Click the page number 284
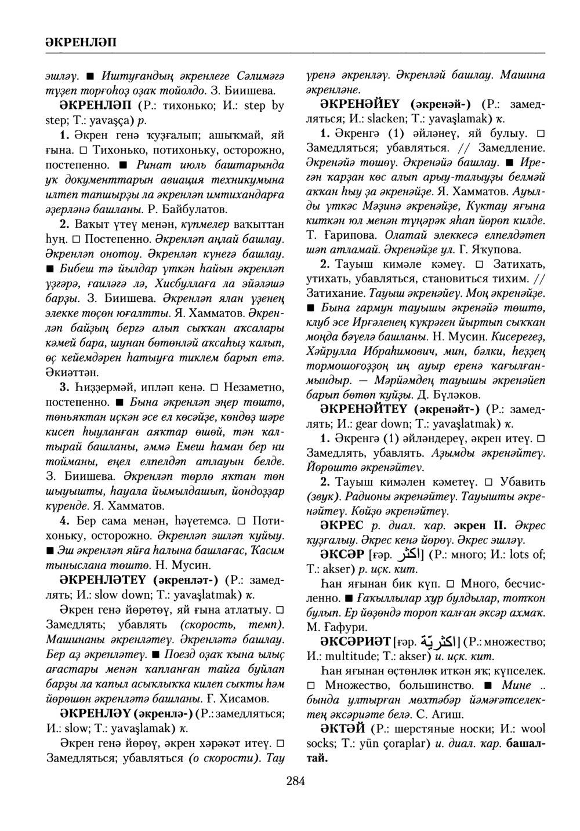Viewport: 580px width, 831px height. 295,781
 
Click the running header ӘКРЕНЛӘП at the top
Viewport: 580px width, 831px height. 79,42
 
